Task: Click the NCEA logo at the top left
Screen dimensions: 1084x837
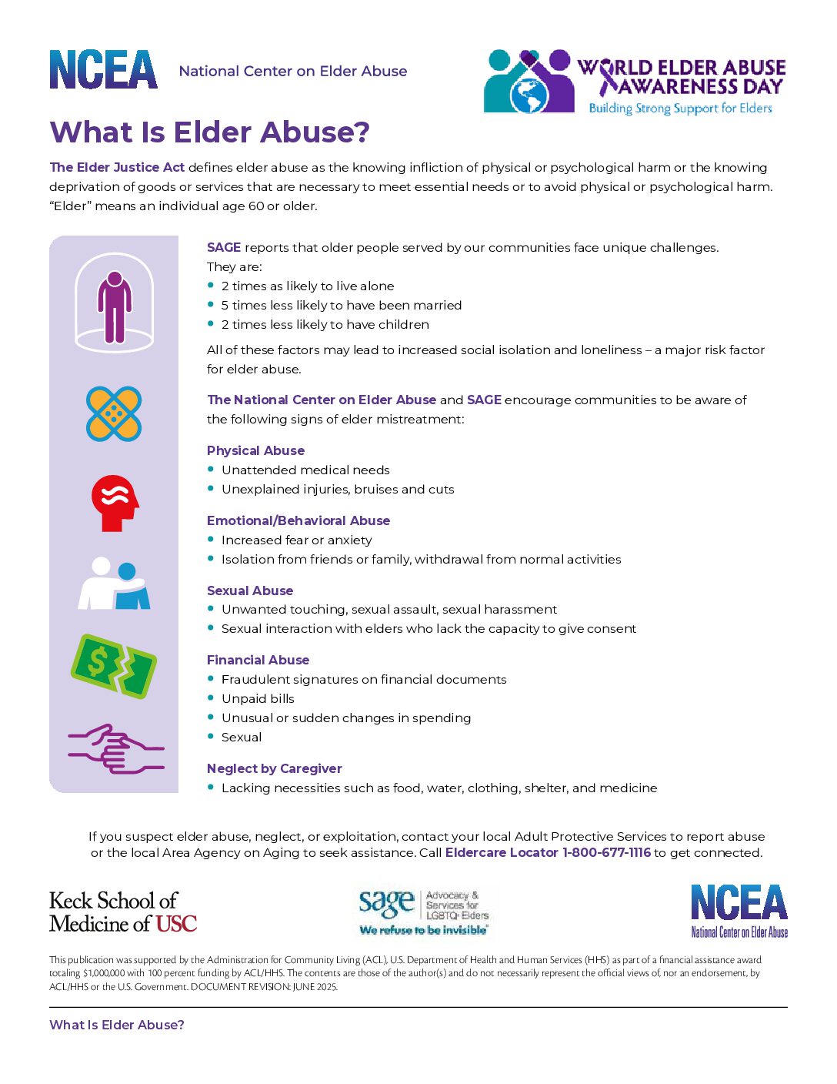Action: click(104, 70)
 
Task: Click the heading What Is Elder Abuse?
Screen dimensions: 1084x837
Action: click(209, 132)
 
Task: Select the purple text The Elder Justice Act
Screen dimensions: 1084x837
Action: click(117, 167)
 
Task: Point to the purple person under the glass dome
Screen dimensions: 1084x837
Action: click(114, 306)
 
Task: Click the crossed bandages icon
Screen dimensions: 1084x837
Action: click(114, 414)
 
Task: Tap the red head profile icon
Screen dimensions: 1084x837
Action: click(115, 503)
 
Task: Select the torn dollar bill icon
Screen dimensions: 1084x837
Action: click(114, 666)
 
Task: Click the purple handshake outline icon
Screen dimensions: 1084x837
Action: click(115, 748)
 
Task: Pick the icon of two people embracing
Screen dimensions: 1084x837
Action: click(114, 584)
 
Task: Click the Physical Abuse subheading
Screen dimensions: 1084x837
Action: click(255, 450)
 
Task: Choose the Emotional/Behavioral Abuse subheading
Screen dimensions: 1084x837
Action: click(298, 520)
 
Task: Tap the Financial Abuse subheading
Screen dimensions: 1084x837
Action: click(258, 660)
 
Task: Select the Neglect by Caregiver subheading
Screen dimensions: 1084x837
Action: click(274, 768)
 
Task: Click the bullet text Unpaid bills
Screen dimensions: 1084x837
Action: click(258, 698)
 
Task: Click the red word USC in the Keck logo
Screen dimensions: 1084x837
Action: click(176, 924)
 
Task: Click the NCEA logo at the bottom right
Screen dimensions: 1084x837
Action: click(739, 910)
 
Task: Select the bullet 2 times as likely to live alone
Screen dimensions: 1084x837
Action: click(308, 286)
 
